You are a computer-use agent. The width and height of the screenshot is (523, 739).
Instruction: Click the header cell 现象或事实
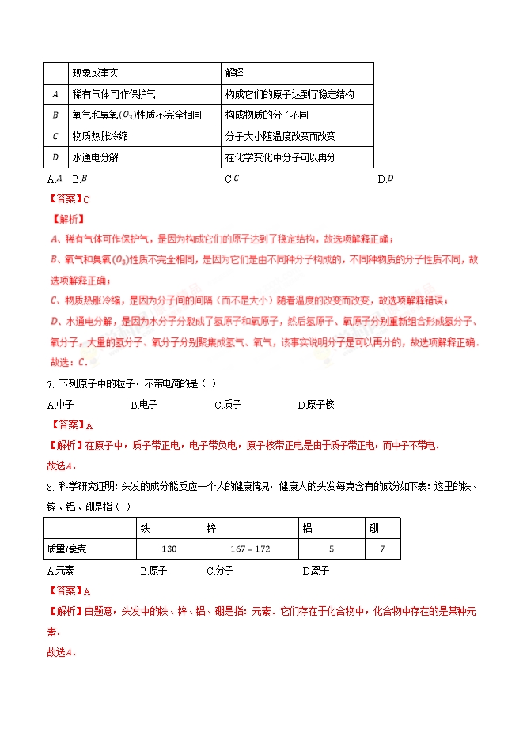[x=95, y=74]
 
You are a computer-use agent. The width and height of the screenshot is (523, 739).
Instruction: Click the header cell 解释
[x=235, y=74]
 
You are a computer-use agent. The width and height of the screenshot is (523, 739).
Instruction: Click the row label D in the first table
[x=55, y=157]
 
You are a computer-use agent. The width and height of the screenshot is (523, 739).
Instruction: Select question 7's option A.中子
[x=60, y=405]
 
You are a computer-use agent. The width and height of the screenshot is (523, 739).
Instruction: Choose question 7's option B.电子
[x=144, y=405]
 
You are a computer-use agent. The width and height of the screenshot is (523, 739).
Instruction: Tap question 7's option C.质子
[x=228, y=405]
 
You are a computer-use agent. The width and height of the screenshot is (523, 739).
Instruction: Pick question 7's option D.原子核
[x=316, y=405]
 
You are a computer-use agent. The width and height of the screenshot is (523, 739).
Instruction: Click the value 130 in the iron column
[x=169, y=549]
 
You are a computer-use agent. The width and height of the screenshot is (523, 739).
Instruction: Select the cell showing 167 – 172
[x=250, y=549]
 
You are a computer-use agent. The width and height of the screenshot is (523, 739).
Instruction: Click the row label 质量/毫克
[x=70, y=549]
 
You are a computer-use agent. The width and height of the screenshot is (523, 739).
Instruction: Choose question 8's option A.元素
[x=60, y=571]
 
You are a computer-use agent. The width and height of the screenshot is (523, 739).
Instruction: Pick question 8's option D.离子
[x=316, y=571]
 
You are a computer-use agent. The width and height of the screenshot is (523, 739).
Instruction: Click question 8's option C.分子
[x=220, y=571]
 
